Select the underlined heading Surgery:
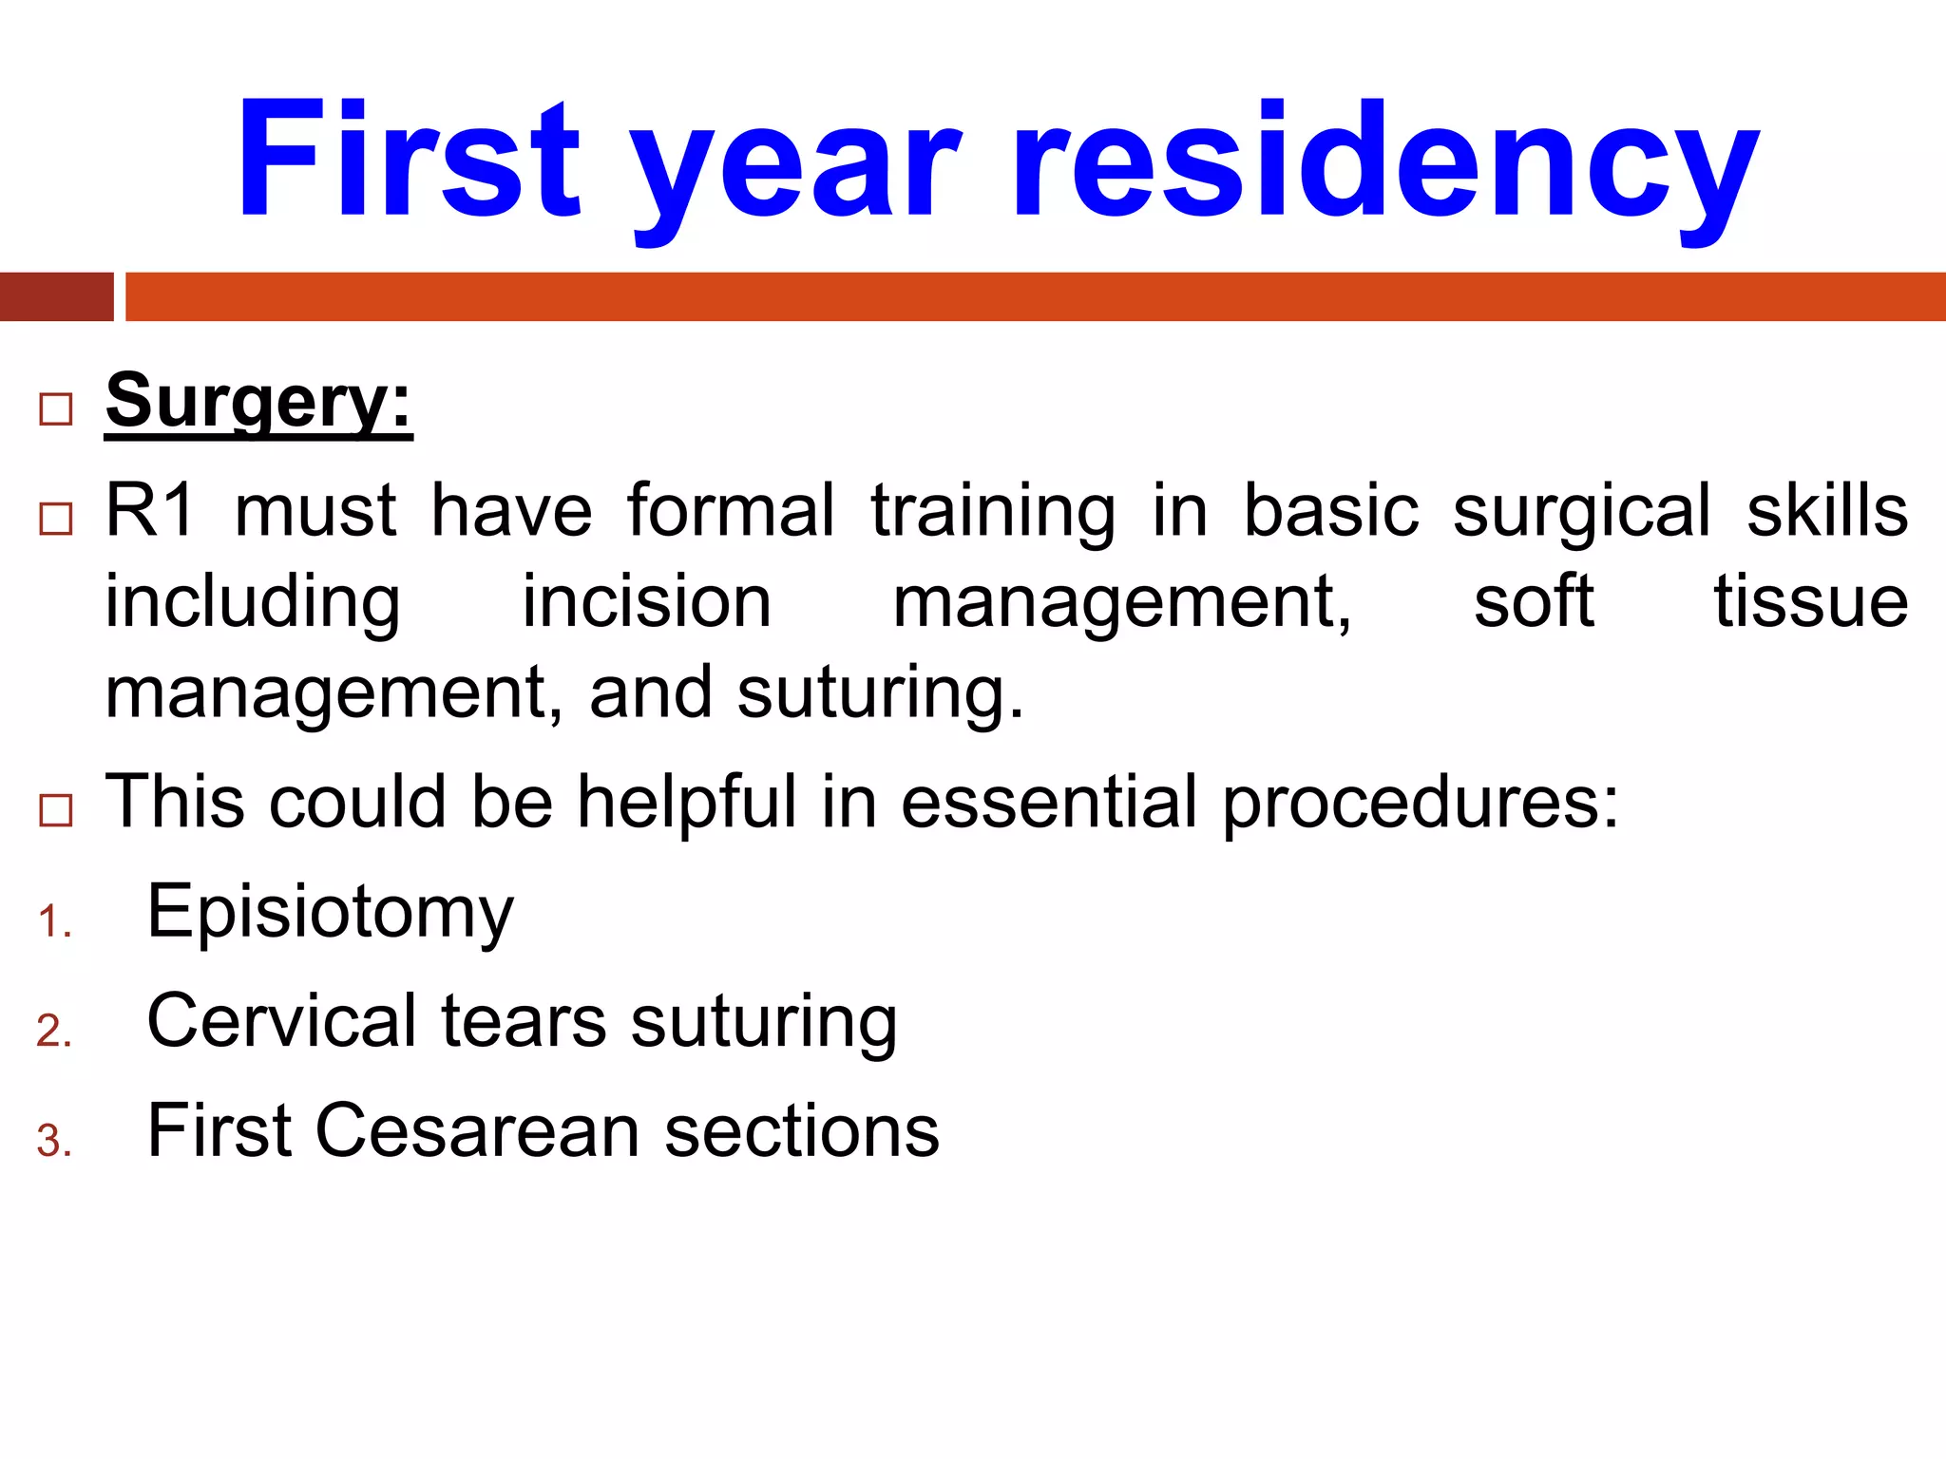click(x=258, y=403)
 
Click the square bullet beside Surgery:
click(x=56, y=409)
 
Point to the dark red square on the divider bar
click(x=56, y=296)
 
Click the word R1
click(x=150, y=511)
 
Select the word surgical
click(x=1581, y=513)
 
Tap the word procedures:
click(x=1421, y=804)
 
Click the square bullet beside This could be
click(x=56, y=810)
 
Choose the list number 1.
click(x=54, y=922)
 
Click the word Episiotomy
click(x=330, y=912)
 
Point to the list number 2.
click(x=54, y=1032)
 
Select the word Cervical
click(x=282, y=1021)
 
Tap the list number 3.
click(x=54, y=1141)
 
